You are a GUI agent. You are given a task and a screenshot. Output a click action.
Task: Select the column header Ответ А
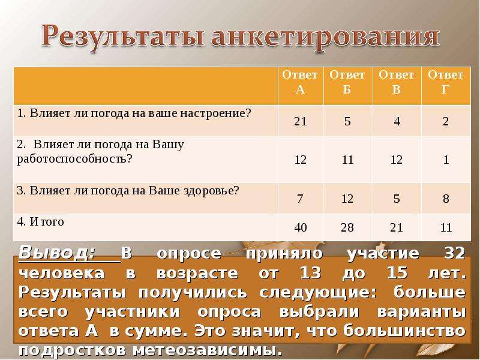point(300,83)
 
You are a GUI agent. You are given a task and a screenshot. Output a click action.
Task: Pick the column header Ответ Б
point(347,83)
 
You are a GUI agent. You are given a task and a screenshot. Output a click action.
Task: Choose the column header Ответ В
point(397,83)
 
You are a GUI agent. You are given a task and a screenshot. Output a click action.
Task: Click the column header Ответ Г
point(445,83)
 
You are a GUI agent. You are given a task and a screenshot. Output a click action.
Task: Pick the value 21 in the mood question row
point(300,122)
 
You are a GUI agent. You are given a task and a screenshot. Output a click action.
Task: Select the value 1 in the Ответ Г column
point(445,160)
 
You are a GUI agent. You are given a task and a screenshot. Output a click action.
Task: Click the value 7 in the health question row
point(300,199)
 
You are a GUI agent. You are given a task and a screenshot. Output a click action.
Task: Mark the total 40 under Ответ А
point(300,228)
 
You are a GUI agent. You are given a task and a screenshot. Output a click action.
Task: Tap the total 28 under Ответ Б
point(347,228)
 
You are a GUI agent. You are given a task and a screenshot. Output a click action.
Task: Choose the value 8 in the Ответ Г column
point(445,199)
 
